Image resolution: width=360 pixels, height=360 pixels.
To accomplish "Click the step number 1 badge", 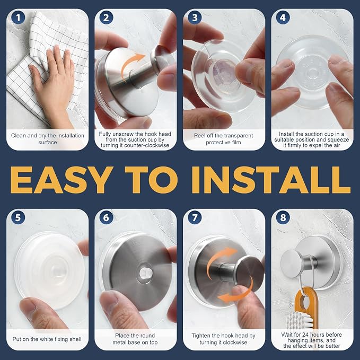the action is (x=18, y=17).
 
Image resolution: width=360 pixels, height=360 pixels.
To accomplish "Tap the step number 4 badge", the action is (x=283, y=17).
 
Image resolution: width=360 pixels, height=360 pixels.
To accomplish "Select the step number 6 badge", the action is (x=106, y=218).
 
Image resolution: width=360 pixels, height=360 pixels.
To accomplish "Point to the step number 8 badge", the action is (x=283, y=218).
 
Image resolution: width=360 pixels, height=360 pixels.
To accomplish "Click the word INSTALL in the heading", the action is (x=271, y=180).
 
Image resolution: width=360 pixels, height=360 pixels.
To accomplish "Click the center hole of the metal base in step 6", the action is (x=146, y=273).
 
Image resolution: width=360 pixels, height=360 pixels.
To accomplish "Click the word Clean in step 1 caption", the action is (x=18, y=135).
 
